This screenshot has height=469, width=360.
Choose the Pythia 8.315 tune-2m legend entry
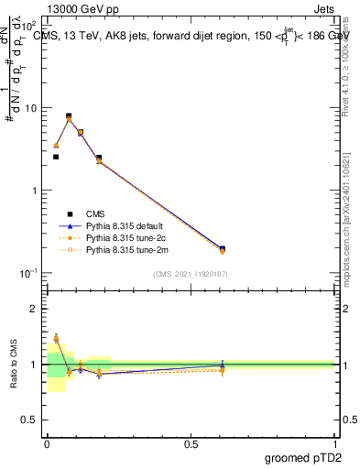[115, 248]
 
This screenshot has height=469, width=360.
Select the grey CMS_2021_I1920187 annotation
[190, 274]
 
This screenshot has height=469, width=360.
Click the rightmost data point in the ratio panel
[223, 368]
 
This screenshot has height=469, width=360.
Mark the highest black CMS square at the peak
[69, 116]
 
